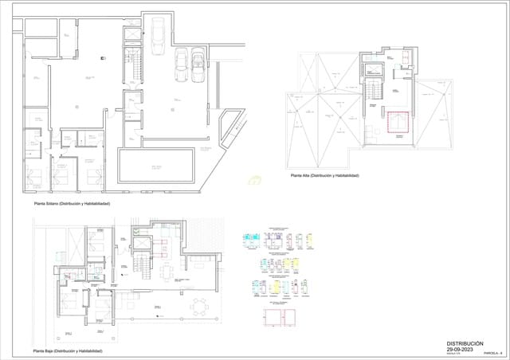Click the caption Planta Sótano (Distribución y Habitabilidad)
click(72, 204)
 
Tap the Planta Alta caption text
click(325, 175)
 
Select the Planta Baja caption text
click(68, 350)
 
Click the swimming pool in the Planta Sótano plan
click(157, 166)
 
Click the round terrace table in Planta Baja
click(198, 305)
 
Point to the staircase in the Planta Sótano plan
click(135, 64)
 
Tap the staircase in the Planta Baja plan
click(143, 263)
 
